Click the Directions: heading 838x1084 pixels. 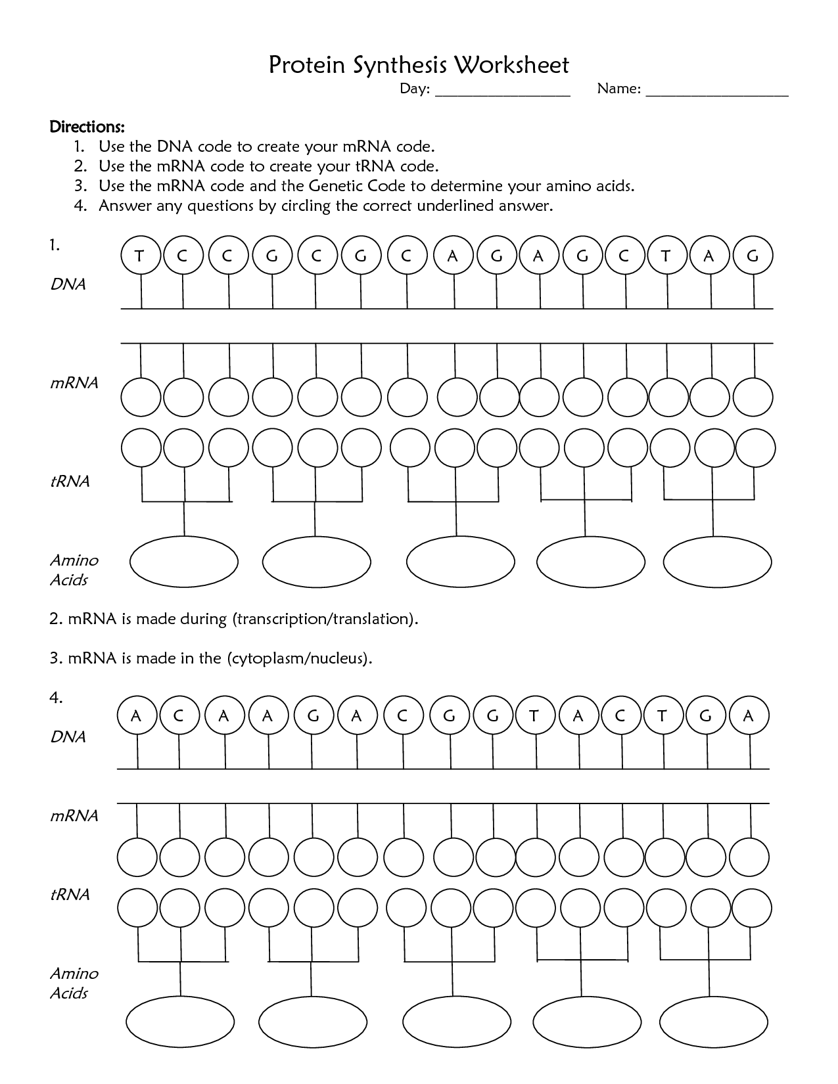pyautogui.click(x=87, y=125)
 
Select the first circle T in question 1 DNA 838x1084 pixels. pyautogui.click(x=140, y=256)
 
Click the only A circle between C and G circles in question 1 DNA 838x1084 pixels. pyautogui.click(x=452, y=256)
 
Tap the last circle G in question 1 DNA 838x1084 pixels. pyautogui.click(x=753, y=256)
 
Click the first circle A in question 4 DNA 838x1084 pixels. pyautogui.click(x=137, y=715)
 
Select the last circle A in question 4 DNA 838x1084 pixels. pyautogui.click(x=748, y=715)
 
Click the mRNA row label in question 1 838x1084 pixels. pyautogui.click(x=74, y=383)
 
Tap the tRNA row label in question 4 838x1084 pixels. pyautogui.click(x=70, y=894)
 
